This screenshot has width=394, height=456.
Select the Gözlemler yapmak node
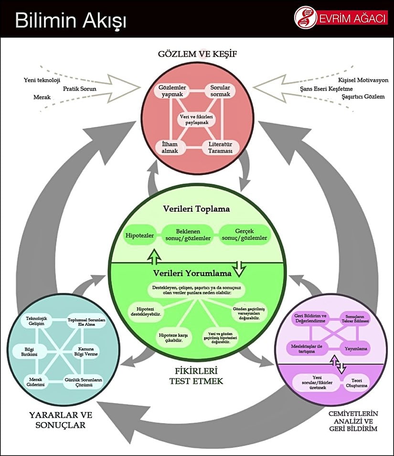pyautogui.click(x=172, y=91)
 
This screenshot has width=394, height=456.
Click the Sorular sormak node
pyautogui.click(x=220, y=91)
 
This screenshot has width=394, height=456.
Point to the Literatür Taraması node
pyautogui.click(x=220, y=147)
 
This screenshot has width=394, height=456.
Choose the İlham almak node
pyautogui.click(x=170, y=147)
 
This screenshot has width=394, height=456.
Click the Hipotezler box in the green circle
pyautogui.click(x=138, y=236)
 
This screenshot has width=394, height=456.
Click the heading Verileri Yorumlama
pyautogui.click(x=192, y=273)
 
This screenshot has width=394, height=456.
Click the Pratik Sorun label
pyautogui.click(x=80, y=88)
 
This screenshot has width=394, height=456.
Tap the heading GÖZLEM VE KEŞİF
pyautogui.click(x=197, y=53)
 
